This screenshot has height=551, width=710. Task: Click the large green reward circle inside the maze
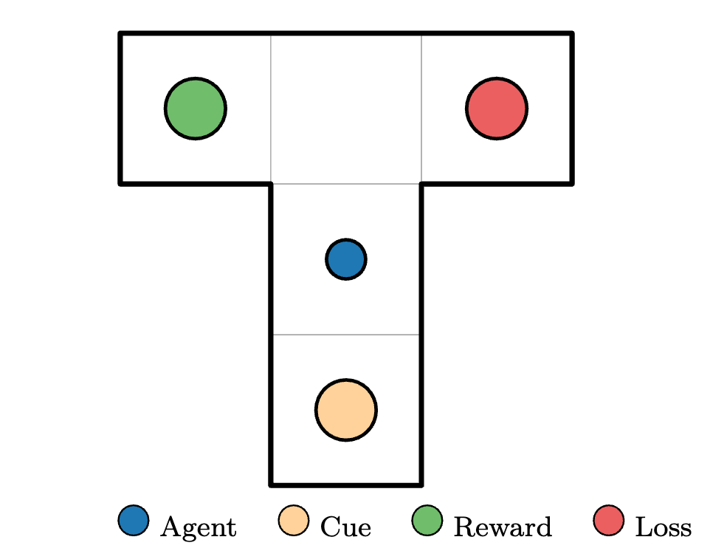196,109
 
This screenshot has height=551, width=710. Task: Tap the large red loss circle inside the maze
497,109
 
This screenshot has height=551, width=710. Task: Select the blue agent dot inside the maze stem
346,259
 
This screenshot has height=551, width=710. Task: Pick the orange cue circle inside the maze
346,410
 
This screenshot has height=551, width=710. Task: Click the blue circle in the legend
134,520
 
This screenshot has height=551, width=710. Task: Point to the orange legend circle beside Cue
294,520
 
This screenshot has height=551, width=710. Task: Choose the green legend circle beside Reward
427,520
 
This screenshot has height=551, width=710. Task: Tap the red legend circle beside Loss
609,520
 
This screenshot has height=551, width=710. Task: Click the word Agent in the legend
199,527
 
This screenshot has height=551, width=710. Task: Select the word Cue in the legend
346,527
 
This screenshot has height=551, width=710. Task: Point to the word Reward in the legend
503,527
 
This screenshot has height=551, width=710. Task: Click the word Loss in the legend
664,527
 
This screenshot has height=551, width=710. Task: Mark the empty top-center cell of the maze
346,109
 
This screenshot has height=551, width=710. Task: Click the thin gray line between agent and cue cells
346,335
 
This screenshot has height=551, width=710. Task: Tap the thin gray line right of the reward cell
271,109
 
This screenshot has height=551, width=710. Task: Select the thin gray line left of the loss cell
421,109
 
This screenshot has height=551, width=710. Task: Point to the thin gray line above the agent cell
346,184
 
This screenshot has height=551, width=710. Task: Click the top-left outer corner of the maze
119,32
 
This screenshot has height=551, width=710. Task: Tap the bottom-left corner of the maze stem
270,486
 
